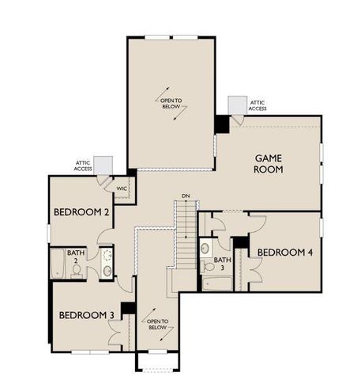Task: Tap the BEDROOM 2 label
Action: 81,212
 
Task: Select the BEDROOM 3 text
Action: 87,314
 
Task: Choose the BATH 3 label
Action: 223,263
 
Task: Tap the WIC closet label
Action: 122,189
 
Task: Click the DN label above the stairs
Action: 185,196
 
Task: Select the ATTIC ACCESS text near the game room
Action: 258,104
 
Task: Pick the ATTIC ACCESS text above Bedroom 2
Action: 85,165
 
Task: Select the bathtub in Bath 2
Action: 58,264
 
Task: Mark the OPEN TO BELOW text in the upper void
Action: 172,103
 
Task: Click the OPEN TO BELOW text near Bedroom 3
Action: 155,324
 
